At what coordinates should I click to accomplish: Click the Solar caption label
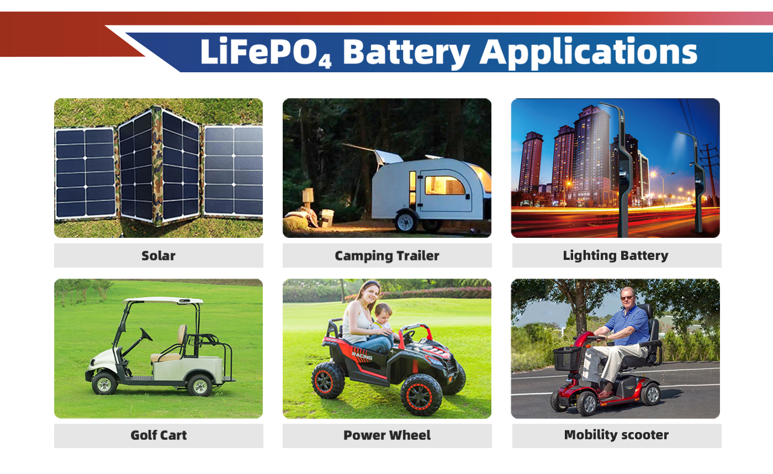pos(158,255)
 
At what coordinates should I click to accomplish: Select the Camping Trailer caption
pos(387,256)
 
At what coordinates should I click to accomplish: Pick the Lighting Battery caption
pos(616,255)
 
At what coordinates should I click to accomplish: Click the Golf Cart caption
pos(158,435)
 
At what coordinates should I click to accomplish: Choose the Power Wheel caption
pos(387,435)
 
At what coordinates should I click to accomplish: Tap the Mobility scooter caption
pos(616,435)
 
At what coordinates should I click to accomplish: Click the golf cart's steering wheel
pos(146,334)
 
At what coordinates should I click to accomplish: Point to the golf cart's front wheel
pos(104,384)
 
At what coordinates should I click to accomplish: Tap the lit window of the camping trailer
pos(445,185)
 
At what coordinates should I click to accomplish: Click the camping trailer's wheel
pos(406,222)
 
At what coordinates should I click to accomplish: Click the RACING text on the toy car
pos(362,356)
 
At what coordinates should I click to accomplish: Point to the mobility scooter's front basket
pos(567,359)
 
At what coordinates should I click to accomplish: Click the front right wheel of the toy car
pos(421,395)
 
